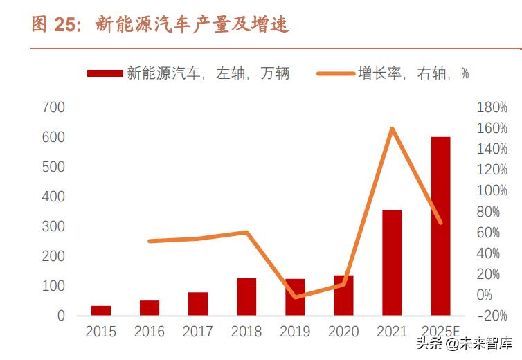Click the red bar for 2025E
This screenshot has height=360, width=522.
point(440,226)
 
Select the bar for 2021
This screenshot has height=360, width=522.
point(392,262)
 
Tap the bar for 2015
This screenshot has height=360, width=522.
point(101,310)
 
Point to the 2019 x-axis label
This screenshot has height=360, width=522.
point(295,332)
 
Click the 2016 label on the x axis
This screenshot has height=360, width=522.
point(150,332)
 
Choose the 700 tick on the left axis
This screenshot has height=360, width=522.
point(53,107)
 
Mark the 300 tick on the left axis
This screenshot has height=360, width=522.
point(53,226)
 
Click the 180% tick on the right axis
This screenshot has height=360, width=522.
point(492,107)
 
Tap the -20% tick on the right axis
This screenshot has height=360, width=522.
point(492,316)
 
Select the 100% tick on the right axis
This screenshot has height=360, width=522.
point(492,190)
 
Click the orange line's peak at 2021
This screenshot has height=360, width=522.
point(392,129)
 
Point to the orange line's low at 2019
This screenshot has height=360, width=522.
point(296,297)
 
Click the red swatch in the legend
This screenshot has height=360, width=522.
point(105,73)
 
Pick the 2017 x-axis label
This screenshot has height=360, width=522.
point(198,332)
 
